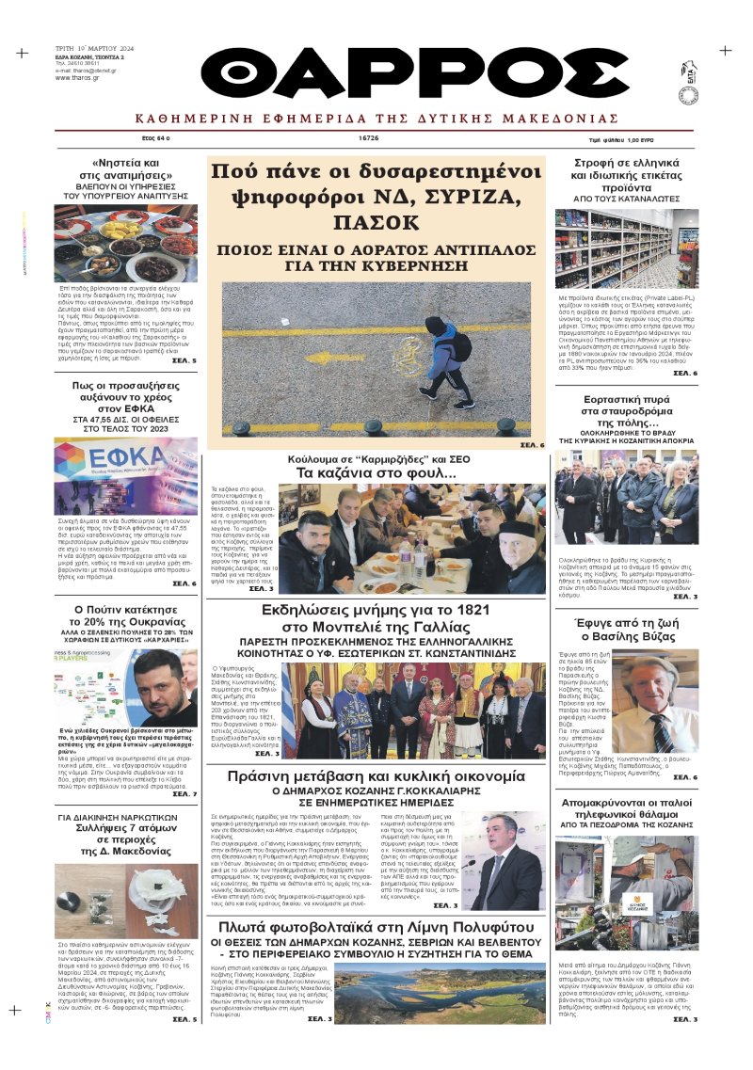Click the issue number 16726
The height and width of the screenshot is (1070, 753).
coord(368,137)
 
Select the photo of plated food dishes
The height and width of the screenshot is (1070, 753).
coord(126,242)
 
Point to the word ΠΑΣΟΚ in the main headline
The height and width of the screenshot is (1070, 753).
coord(376,223)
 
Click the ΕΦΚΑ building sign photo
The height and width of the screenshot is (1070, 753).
coord(126,474)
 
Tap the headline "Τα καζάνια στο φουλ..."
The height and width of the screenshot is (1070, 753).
coord(376,472)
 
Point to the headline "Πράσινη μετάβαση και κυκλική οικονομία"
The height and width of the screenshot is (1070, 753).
coord(376,776)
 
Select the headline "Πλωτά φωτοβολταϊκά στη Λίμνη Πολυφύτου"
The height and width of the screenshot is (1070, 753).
coord(376,931)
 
